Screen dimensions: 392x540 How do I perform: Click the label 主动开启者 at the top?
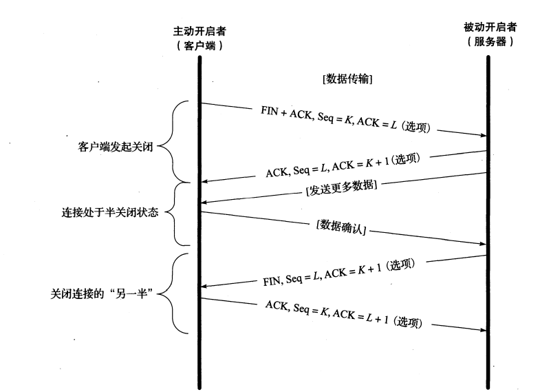coord(199,32)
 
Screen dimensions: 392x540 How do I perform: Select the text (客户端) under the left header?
coord(199,45)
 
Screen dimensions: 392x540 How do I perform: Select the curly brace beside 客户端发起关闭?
coord(176,142)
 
